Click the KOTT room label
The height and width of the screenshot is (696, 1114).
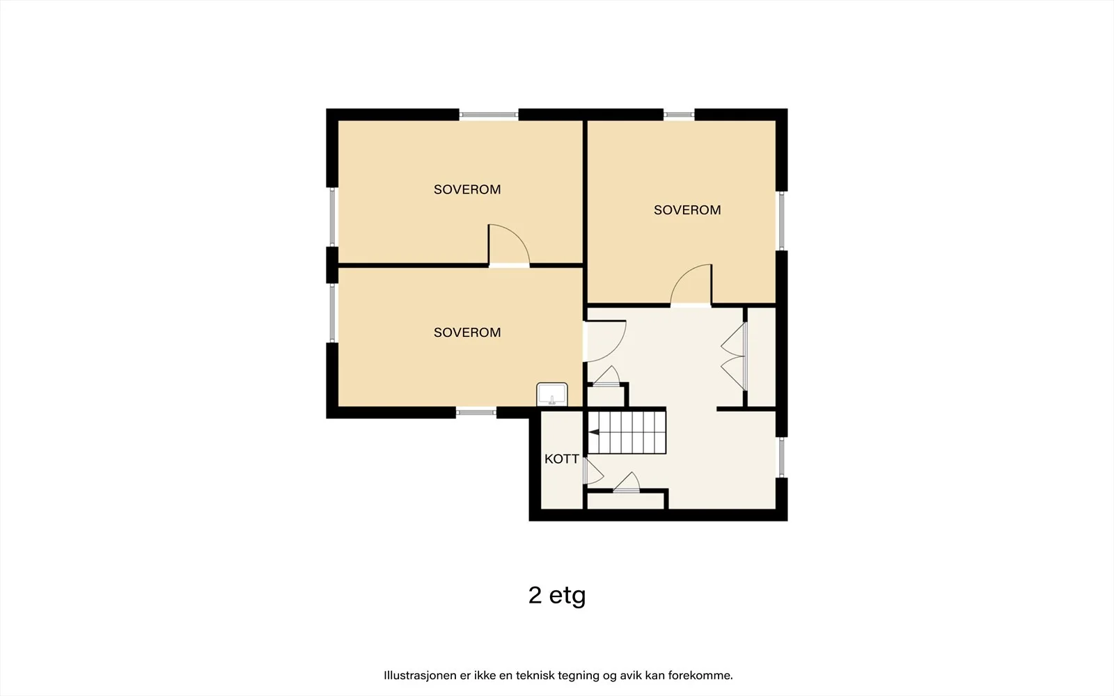coord(561,459)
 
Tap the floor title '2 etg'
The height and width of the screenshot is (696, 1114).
coord(557,596)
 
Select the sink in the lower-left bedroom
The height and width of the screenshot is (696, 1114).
coord(552,394)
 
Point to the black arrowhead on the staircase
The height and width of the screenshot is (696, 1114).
coord(594,432)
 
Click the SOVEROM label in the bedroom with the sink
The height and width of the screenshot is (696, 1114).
coord(467,333)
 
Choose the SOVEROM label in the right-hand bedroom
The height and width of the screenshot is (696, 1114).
coord(687,210)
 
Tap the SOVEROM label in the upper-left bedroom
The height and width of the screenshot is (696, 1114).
coord(467,189)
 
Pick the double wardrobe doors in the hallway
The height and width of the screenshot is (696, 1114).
coord(734,356)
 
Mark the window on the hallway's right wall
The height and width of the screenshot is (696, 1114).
coord(782,457)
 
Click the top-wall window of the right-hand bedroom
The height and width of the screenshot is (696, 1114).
coord(679,115)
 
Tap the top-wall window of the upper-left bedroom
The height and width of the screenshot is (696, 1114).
coord(488,115)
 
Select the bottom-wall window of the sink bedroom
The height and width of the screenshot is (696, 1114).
coord(476,413)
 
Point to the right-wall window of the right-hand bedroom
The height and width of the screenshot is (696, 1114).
coord(782,221)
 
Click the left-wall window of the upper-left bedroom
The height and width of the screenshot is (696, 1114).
coord(332,217)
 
